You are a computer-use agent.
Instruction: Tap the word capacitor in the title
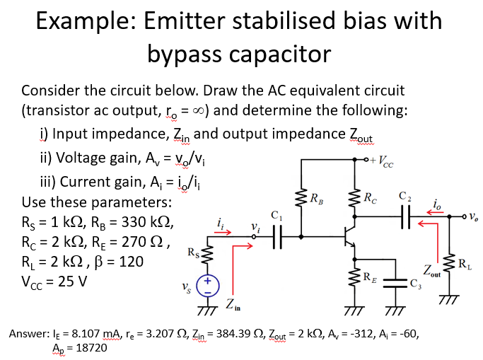coord(276,52)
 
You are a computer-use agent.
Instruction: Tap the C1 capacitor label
coord(277,213)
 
